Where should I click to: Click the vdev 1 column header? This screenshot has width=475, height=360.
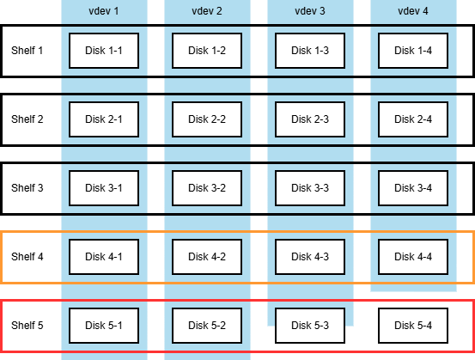pyautogui.click(x=104, y=11)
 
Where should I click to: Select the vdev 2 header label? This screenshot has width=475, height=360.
pyautogui.click(x=207, y=11)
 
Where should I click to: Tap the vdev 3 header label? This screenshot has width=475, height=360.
pyautogui.click(x=310, y=11)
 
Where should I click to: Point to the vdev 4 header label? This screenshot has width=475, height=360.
pyautogui.click(x=413, y=11)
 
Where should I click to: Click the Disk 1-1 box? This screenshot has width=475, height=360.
pyautogui.click(x=104, y=51)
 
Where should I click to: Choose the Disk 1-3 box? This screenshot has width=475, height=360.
pyautogui.click(x=310, y=51)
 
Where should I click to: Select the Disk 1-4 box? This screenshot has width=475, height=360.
pyautogui.click(x=413, y=51)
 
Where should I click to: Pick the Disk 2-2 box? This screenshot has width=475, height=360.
pyautogui.click(x=207, y=119)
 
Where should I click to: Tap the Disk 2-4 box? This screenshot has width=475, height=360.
pyautogui.click(x=413, y=119)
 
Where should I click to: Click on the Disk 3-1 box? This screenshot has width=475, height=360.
pyautogui.click(x=104, y=188)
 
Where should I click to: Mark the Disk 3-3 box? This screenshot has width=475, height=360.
pyautogui.click(x=310, y=188)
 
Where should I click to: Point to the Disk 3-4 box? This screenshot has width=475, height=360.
pyautogui.click(x=413, y=188)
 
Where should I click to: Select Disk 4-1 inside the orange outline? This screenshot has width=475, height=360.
pyautogui.click(x=104, y=257)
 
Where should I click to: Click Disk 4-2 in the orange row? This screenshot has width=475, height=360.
pyautogui.click(x=207, y=257)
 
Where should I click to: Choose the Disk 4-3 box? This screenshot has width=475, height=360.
pyautogui.click(x=310, y=257)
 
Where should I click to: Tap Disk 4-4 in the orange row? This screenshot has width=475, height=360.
pyautogui.click(x=413, y=257)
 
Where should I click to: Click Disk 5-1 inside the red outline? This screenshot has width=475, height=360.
pyautogui.click(x=104, y=326)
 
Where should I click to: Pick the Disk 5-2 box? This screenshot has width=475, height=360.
pyautogui.click(x=207, y=326)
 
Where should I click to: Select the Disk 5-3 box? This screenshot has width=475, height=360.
pyautogui.click(x=310, y=326)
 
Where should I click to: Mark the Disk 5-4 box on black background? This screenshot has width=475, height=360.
pyautogui.click(x=413, y=326)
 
